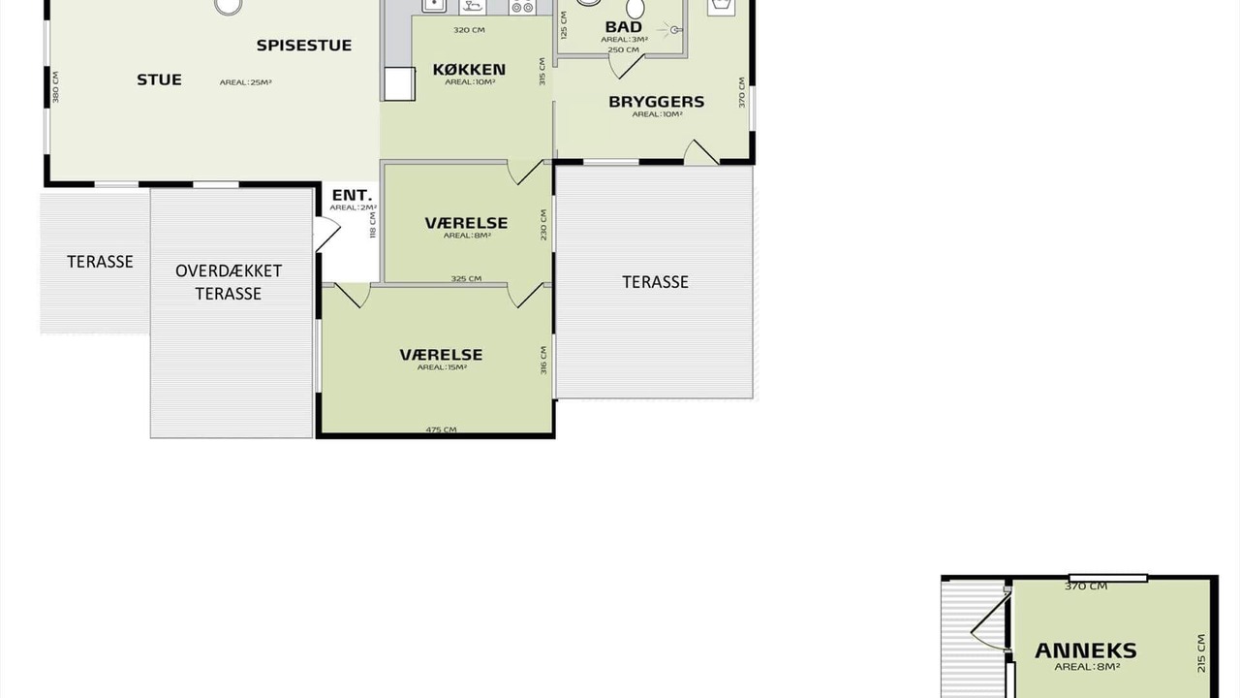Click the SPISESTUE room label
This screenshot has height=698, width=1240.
pos(304,46)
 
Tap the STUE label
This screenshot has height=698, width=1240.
pos(160,79)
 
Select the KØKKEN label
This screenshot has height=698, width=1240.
pos(469,70)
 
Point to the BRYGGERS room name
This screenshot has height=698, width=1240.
pos(657,102)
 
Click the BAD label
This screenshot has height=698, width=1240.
pos(624,26)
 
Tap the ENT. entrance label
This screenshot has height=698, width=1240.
pos(352,196)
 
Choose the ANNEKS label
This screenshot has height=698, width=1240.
pos(1086,650)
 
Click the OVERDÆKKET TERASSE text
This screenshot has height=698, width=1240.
pos(229,282)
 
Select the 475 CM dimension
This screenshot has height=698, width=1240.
pos(441,429)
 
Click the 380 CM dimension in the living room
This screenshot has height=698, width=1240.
pos(55,87)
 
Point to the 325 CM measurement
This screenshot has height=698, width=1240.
pos(466,278)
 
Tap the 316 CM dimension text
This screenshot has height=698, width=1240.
pos(543,360)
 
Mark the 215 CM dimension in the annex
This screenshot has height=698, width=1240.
pos(1200,653)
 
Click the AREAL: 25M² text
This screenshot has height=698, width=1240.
pos(246,82)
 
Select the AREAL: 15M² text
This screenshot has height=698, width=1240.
pos(443,367)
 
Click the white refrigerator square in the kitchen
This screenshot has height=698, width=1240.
pos(399,84)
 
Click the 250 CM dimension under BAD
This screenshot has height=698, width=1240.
pos(623,49)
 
